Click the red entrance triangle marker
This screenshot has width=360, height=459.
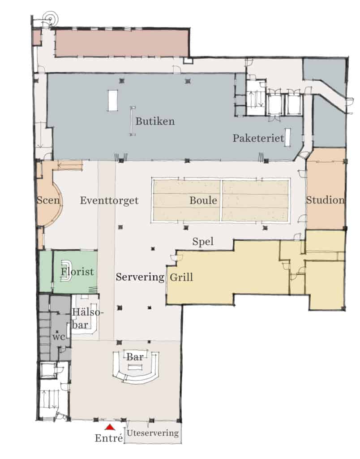110,427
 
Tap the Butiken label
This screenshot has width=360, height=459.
155,121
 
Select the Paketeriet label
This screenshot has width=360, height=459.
258,138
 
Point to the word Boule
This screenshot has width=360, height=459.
203,200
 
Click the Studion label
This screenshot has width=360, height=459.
325,200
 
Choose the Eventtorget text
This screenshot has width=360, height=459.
109,200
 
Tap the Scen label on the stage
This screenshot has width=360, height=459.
48,200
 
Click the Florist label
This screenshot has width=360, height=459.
77,271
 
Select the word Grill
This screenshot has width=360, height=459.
181,277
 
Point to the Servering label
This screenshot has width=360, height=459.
140,277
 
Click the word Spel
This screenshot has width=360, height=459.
203,242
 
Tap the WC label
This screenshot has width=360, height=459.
59,337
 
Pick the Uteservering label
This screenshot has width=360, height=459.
152,433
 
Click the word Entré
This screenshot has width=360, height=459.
109,438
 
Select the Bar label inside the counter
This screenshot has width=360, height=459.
135,357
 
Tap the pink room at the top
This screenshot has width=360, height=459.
122,43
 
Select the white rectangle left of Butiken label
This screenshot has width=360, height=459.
113,100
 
